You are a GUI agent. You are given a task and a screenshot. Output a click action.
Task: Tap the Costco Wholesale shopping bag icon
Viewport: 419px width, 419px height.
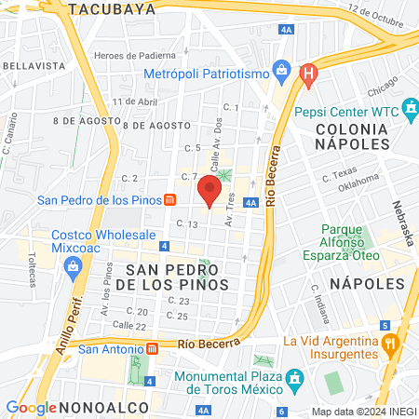73,267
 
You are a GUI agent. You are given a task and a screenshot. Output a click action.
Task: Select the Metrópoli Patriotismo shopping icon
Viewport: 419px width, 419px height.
281,72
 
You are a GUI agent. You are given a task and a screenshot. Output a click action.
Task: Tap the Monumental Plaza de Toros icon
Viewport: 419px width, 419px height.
295,380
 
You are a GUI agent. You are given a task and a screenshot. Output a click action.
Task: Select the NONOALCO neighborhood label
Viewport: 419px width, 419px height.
101,407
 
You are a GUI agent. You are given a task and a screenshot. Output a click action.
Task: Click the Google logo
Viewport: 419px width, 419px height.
31,407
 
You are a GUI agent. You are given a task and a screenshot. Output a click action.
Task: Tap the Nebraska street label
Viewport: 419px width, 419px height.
399,220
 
